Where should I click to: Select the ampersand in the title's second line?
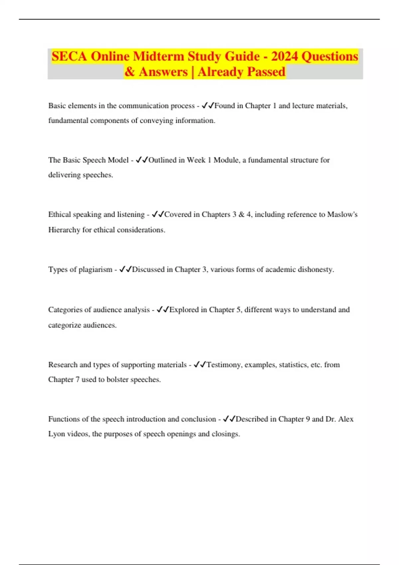130,72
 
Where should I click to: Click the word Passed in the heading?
266,72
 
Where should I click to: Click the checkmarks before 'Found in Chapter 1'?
208,106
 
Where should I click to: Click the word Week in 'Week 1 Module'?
196,160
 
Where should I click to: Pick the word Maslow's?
342,215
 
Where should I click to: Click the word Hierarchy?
64,230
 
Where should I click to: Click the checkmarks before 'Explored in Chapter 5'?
163,310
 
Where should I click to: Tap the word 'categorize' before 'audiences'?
65,325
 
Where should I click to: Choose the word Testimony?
224,365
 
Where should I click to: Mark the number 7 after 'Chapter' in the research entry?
77,380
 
